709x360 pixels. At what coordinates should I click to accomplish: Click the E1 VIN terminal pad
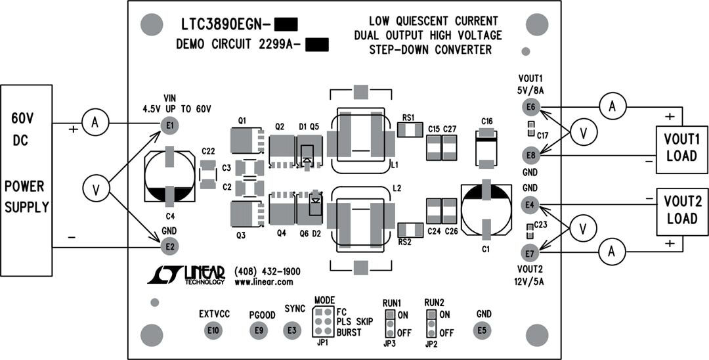click(x=170, y=125)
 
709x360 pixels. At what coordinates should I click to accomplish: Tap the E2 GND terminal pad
click(x=170, y=246)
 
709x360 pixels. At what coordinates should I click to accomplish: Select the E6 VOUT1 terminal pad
click(x=530, y=107)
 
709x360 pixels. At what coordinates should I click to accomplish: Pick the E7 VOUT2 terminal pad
click(x=530, y=252)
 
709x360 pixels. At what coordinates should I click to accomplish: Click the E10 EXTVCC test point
click(x=213, y=330)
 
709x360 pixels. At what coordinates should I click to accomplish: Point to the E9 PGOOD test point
click(x=260, y=330)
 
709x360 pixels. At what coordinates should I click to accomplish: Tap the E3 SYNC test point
click(x=292, y=330)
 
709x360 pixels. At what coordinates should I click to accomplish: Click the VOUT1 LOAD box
click(x=682, y=148)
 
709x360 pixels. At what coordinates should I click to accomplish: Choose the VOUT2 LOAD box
click(x=682, y=210)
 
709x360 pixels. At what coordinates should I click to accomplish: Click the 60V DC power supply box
click(x=26, y=180)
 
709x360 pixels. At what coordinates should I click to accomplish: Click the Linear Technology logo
click(x=186, y=275)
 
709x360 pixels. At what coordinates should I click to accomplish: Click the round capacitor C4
click(x=170, y=176)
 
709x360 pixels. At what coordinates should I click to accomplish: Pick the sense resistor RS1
click(x=410, y=130)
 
